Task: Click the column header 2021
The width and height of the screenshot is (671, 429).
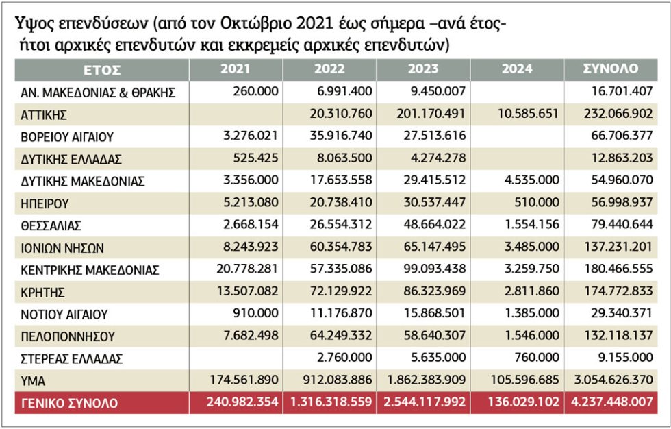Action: [236, 69]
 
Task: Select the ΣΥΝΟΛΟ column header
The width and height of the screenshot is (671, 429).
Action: [611, 69]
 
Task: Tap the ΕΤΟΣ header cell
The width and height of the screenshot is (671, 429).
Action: [102, 70]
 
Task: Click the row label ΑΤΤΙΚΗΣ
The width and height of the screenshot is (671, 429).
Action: [44, 114]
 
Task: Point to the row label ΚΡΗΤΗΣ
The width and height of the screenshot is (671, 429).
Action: [42, 293]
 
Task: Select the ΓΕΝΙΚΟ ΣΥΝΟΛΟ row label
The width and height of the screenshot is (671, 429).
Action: [69, 404]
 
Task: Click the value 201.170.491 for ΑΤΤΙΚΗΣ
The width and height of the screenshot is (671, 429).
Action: [431, 114]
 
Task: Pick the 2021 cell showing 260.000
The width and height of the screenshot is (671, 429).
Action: [255, 90]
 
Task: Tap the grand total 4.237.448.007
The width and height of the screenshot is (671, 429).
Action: [612, 402]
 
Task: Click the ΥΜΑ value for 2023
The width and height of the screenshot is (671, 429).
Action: [426, 380]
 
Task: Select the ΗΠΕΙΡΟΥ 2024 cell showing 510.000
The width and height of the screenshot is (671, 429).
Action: [537, 202]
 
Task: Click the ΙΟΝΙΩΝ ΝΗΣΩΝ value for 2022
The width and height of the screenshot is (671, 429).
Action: [341, 247]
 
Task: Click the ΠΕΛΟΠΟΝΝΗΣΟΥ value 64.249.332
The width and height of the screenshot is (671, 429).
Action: [341, 335]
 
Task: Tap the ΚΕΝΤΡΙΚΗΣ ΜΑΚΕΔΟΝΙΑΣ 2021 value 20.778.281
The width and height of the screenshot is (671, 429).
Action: [247, 269]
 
